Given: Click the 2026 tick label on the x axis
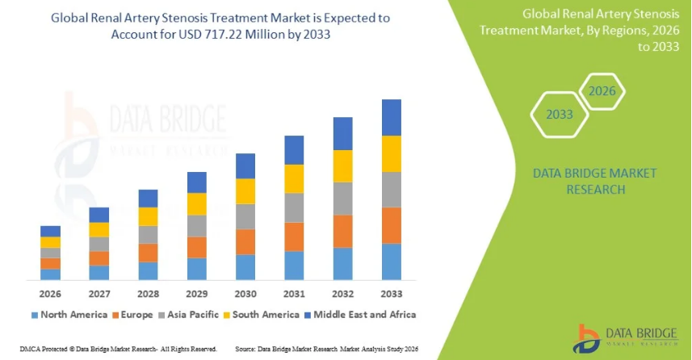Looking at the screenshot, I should (x=50, y=294).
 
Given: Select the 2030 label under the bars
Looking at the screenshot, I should (x=245, y=294).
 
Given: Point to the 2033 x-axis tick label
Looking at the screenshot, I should (x=391, y=294).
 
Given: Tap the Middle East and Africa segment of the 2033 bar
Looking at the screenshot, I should (x=391, y=117).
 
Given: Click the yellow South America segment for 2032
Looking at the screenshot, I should (x=342, y=166).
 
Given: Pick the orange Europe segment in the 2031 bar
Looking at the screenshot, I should (x=294, y=237).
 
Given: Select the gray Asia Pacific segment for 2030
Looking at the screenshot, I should (x=245, y=216).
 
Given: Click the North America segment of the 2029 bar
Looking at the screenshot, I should (x=197, y=269).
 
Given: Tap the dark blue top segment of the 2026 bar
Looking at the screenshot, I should (x=51, y=231).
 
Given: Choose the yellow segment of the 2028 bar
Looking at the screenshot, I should (x=148, y=216).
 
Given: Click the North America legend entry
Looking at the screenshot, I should (x=69, y=314).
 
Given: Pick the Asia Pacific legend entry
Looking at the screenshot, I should (x=197, y=314).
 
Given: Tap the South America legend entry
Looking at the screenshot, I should (x=266, y=314).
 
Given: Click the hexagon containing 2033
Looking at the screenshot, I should (x=560, y=115).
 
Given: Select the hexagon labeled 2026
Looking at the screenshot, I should (x=602, y=90).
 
